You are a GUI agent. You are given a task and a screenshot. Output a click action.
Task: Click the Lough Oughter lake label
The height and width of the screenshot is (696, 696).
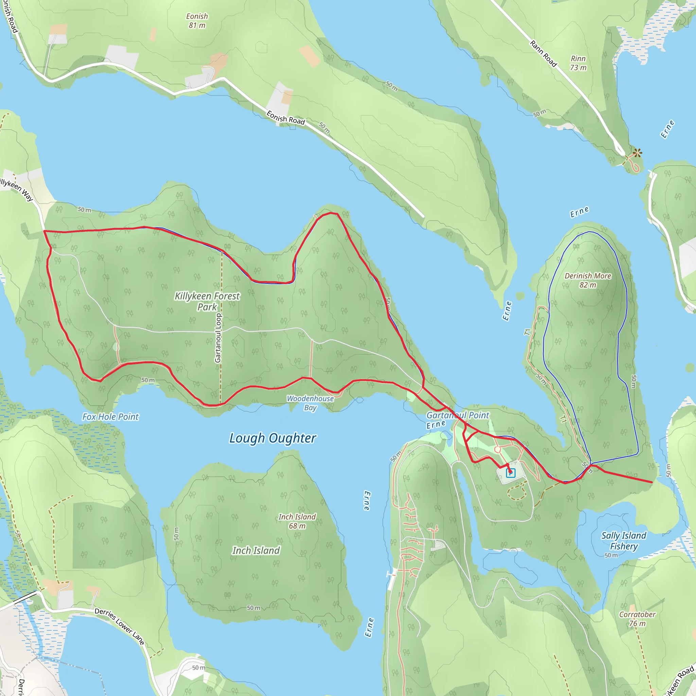pos(273,438)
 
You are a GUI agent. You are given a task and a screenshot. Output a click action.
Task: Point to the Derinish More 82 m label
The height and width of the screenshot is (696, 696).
pos(588,280)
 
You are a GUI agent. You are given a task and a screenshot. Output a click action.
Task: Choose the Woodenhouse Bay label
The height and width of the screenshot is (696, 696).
pos(310,403)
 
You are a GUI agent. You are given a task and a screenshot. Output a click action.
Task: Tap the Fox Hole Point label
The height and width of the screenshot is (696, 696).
pos(110,417)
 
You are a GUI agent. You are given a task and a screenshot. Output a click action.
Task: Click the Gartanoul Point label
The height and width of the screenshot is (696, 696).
pos(457,415)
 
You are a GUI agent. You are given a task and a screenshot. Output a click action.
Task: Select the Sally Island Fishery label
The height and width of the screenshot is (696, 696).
pos(624,541)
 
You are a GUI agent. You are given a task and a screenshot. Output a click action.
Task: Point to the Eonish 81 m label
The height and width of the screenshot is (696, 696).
pos(197,21)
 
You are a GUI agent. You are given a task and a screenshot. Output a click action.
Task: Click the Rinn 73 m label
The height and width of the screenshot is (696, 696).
pos(578,63)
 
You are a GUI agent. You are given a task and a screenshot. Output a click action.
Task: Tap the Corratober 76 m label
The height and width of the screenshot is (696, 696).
pos(637,619)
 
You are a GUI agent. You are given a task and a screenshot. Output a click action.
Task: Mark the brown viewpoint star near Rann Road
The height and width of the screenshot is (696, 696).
pos(637,153)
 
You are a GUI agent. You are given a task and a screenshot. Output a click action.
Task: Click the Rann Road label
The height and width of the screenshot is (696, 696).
pos(543,54)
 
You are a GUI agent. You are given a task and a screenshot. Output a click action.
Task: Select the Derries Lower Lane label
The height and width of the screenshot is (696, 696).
pos(119,626)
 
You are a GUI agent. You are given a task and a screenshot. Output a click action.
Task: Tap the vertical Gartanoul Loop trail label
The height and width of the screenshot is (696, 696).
pos(218,338)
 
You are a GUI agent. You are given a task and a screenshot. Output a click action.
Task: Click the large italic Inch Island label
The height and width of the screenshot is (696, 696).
pos(256,551)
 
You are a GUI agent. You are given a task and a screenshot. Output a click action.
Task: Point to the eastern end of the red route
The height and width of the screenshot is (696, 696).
pos(652,482)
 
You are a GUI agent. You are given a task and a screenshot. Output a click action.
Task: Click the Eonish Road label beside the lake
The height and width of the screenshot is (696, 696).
pos(285,118)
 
